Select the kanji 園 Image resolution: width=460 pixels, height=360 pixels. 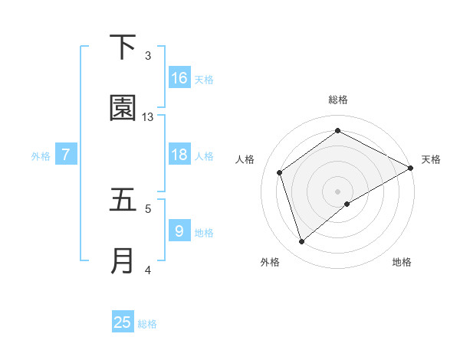tap(123, 109)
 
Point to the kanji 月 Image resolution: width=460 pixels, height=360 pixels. tap(123, 261)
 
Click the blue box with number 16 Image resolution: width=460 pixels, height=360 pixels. tap(179, 78)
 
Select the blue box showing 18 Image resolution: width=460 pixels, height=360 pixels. tap(179, 155)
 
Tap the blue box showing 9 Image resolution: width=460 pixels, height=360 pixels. tap(179, 231)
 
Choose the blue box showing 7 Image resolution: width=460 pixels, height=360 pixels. tap(66, 155)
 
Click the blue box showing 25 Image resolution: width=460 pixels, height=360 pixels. tap(123, 322)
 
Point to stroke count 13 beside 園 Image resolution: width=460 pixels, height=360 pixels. tap(148, 117)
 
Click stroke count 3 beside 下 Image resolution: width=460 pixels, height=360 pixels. tap(148, 55)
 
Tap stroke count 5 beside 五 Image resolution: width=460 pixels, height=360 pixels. tap(148, 208)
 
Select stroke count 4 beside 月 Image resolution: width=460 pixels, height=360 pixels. tap(148, 270)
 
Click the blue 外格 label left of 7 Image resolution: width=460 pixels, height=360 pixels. tap(41, 156)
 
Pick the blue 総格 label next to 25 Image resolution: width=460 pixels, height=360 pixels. tap(147, 324)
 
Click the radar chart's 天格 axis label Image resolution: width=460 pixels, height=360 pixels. tap(431, 159)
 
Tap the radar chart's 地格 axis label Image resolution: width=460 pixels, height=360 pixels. tap(402, 262)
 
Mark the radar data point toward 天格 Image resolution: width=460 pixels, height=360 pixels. tap(411, 168)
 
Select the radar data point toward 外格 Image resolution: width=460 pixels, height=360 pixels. tap(301, 242)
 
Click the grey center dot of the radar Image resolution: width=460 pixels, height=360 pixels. tap(338, 191)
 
